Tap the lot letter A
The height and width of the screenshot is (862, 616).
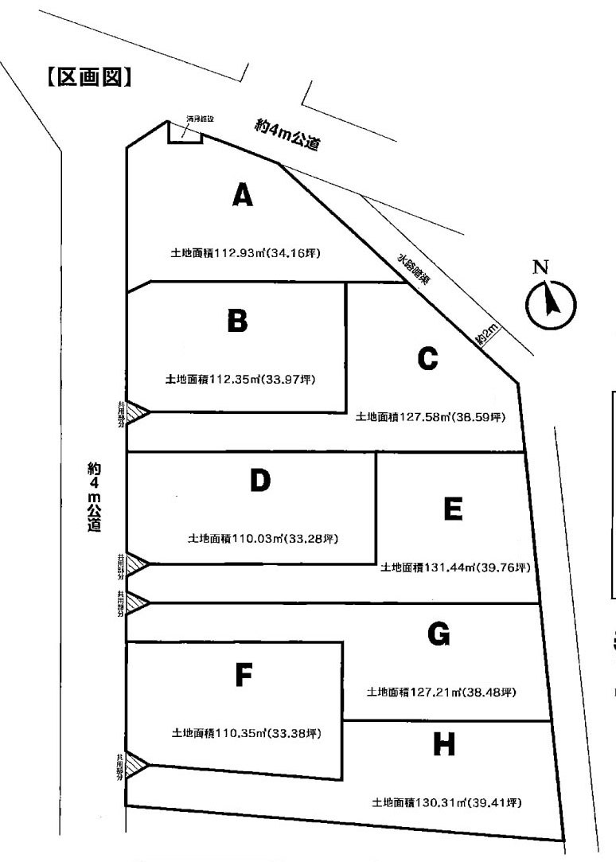(x=243, y=195)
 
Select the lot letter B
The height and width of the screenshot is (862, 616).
(x=237, y=321)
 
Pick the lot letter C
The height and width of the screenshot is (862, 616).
(x=427, y=360)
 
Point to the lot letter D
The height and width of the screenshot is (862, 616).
(x=260, y=481)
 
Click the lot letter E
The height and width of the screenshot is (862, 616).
(x=453, y=509)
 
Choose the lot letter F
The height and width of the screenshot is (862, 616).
(x=244, y=676)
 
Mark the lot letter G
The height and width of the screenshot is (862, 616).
(x=439, y=634)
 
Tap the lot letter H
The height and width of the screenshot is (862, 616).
(x=445, y=745)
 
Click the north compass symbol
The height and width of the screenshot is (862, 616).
(x=550, y=302)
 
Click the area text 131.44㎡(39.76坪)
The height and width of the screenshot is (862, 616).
(x=455, y=568)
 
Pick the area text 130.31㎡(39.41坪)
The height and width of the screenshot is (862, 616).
(x=446, y=802)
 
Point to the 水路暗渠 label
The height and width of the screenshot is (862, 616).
(x=414, y=268)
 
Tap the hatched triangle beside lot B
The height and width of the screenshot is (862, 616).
(x=136, y=413)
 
